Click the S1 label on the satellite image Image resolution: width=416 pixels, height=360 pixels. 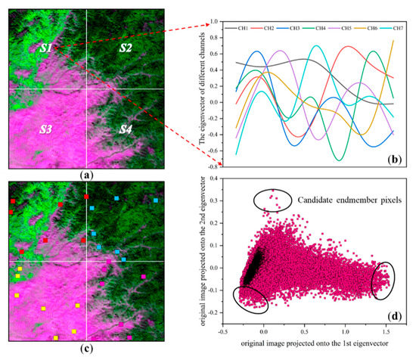point(46,48)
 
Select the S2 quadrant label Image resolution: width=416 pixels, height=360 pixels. point(126,48)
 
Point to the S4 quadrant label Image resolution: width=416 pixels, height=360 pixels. point(126,130)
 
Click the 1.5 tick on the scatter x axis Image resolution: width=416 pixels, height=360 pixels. point(387,332)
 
